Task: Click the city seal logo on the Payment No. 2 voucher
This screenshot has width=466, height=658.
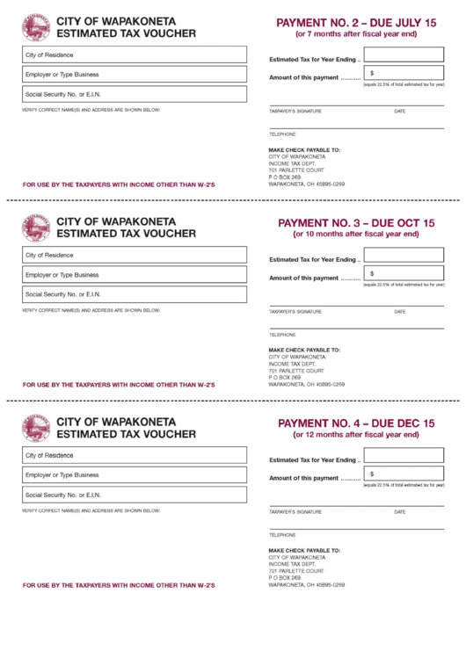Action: pos(36,27)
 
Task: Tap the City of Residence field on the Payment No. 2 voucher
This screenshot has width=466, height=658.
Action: pos(135,54)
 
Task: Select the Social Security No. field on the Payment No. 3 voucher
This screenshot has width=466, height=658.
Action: pos(135,294)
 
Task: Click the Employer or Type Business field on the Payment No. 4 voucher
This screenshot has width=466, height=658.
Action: pos(135,475)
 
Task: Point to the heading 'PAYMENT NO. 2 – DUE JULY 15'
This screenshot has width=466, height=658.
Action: pos(356,22)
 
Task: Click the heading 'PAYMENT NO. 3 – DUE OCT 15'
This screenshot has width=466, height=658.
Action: pos(356,223)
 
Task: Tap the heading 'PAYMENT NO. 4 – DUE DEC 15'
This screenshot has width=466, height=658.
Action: pos(356,423)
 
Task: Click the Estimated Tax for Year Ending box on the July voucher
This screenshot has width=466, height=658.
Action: pos(404,55)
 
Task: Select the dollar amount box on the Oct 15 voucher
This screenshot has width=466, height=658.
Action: pos(404,274)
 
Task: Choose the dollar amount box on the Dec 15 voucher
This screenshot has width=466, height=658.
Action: pos(404,474)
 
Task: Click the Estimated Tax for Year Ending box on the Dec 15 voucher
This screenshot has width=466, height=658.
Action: pos(404,456)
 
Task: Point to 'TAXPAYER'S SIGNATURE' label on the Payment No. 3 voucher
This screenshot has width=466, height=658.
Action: pos(295,312)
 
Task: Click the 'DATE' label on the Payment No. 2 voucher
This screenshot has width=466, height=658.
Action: pos(400,112)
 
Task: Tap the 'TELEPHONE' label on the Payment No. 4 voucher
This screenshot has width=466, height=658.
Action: pos(282,535)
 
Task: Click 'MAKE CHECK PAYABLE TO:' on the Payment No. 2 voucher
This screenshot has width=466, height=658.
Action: pos(304,150)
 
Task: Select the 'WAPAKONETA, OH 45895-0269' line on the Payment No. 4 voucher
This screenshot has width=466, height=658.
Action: pos(306,585)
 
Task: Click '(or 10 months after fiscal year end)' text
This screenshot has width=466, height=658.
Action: pos(356,235)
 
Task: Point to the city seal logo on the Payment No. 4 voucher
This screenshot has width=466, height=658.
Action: pos(36,428)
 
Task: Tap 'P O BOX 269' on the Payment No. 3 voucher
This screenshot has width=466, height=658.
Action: pos(285,378)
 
